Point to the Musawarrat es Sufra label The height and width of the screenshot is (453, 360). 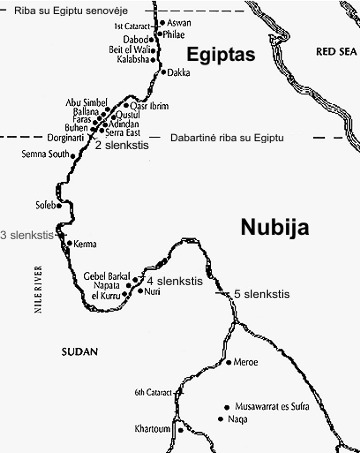click(273, 409)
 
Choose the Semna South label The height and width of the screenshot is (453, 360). click(46, 155)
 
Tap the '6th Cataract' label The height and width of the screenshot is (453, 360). click(155, 393)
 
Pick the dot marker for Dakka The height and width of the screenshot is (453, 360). click(161, 73)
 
